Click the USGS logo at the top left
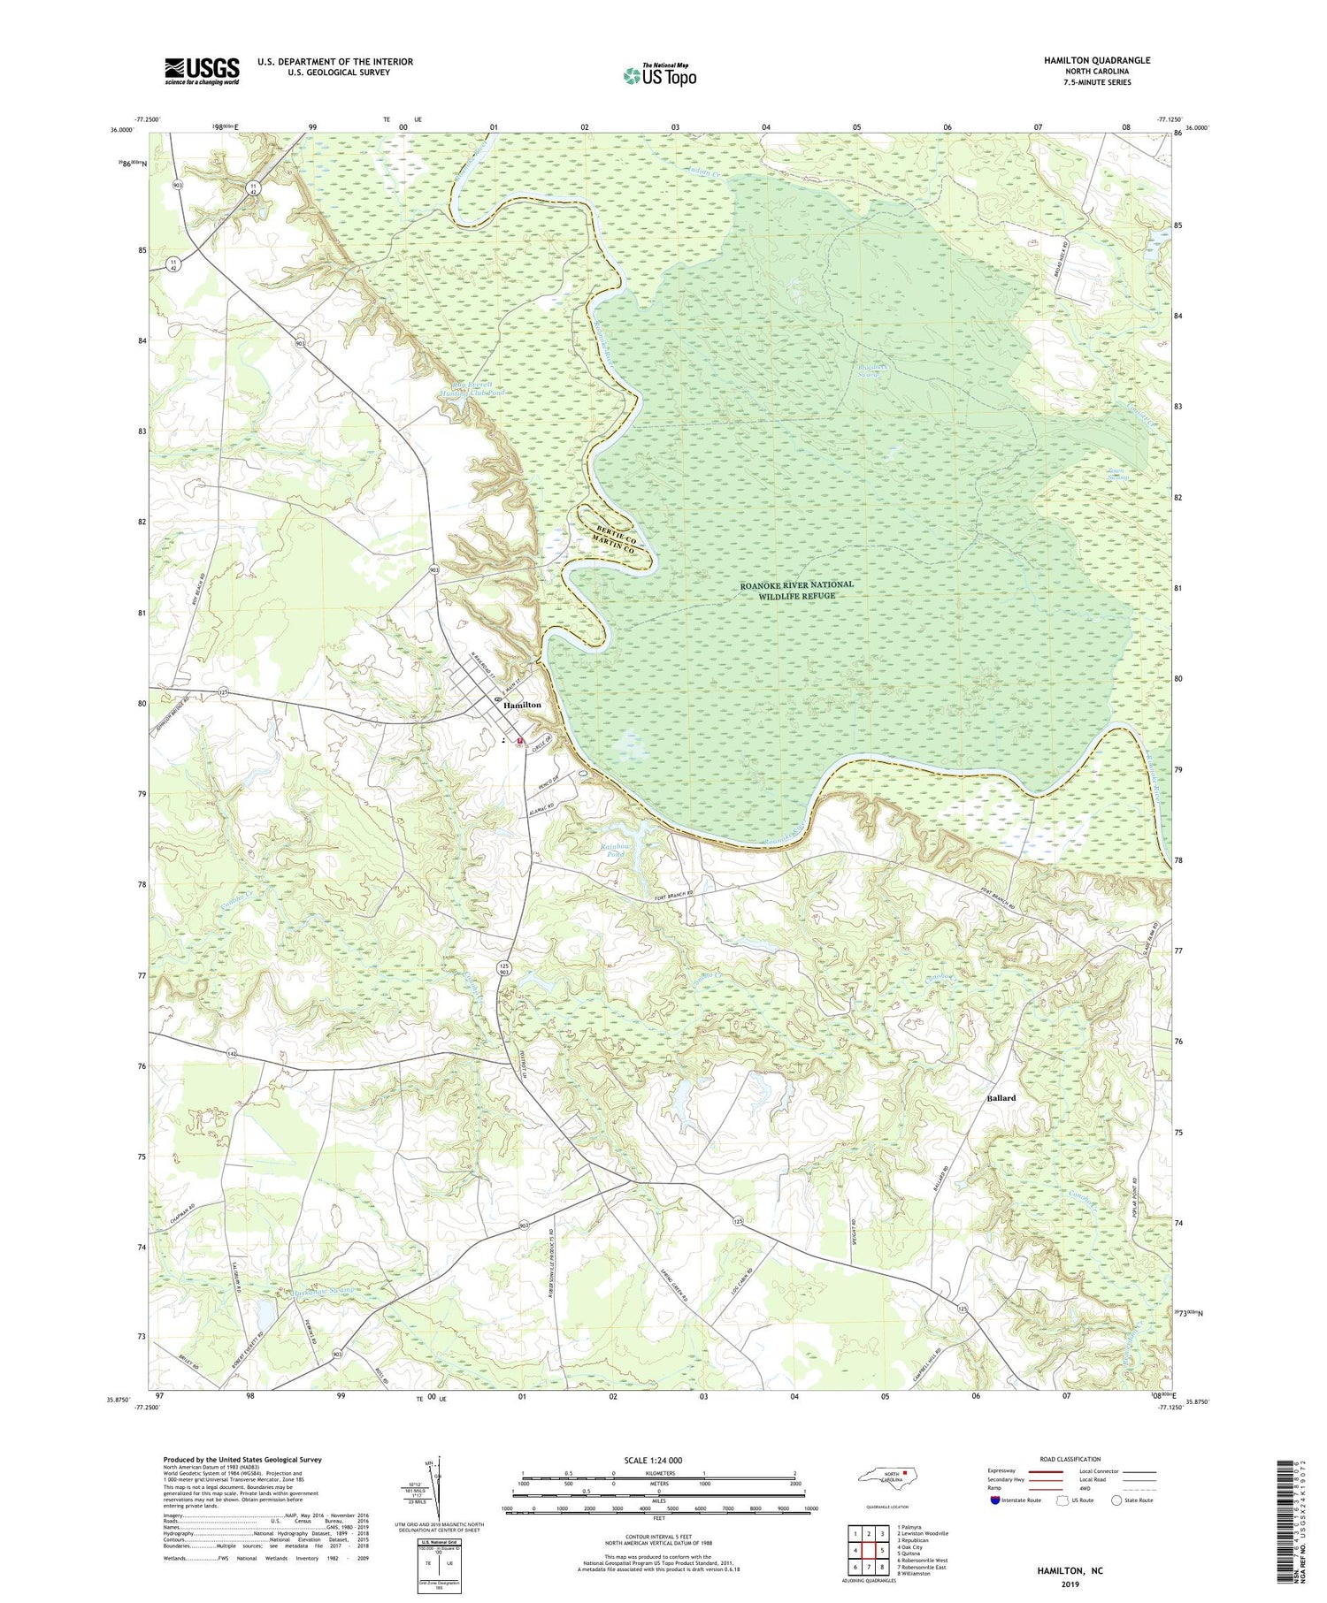click(202, 71)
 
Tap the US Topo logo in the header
click(660, 76)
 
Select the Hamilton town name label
click(522, 706)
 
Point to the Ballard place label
click(1001, 1097)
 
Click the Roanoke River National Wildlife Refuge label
click(796, 590)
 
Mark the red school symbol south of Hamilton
click(520, 741)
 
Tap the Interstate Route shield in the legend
click(994, 1500)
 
